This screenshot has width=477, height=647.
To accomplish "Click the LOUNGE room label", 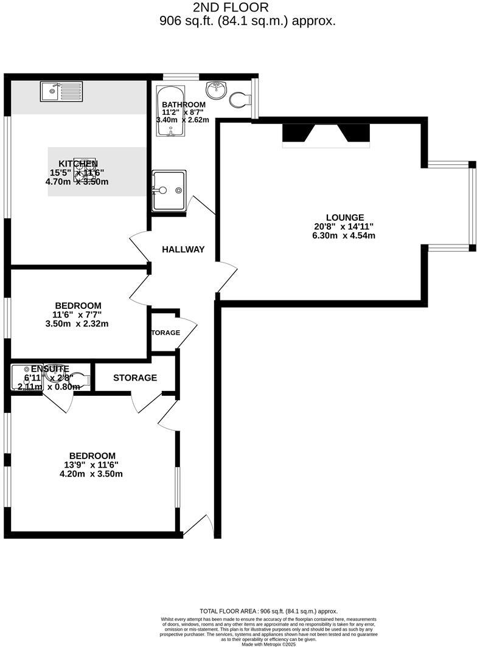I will [x=344, y=217].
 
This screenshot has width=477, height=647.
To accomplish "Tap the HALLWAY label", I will [x=183, y=249].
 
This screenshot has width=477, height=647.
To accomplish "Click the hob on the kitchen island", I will [x=85, y=170].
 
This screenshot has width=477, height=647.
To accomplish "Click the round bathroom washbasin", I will [x=217, y=91].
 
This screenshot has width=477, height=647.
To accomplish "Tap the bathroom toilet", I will [x=240, y=99].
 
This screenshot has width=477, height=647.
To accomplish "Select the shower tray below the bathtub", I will [x=169, y=190].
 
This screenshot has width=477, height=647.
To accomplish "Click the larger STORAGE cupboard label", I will [x=135, y=378].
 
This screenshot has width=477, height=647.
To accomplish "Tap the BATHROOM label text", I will [x=184, y=105].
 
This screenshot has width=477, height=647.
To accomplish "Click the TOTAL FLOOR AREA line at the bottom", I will [x=268, y=611].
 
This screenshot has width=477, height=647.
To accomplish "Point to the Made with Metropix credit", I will [x=268, y=644].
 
